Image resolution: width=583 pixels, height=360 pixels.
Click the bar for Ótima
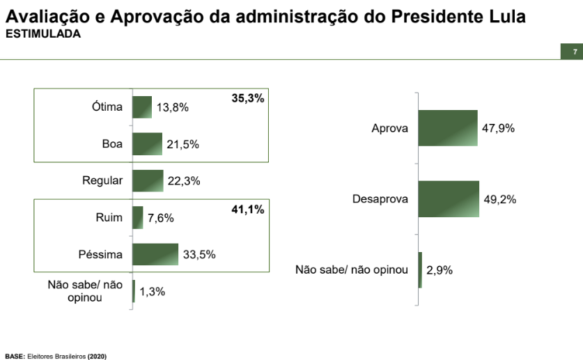click(x=141, y=107)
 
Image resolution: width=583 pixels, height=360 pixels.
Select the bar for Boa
click(x=147, y=144)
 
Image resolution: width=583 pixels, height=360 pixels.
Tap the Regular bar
click(x=147, y=181)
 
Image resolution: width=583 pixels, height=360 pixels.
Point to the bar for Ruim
click(x=137, y=218)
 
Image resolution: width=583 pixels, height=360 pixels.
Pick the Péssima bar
click(x=155, y=254)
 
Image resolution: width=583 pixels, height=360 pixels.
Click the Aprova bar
click(x=448, y=128)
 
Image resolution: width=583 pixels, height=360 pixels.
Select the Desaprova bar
click(x=449, y=199)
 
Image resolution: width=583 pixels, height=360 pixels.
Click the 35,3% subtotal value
click(x=248, y=99)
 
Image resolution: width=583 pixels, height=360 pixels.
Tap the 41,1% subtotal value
click(x=248, y=210)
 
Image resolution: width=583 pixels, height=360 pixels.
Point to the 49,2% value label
click(x=499, y=200)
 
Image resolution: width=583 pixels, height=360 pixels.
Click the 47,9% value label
click(x=498, y=129)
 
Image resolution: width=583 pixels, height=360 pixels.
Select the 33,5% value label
click(x=200, y=255)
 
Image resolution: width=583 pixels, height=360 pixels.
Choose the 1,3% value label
click(x=152, y=292)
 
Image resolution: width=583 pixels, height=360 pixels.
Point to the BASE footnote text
click(x=56, y=355)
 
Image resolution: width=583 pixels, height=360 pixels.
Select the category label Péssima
click(x=100, y=254)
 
